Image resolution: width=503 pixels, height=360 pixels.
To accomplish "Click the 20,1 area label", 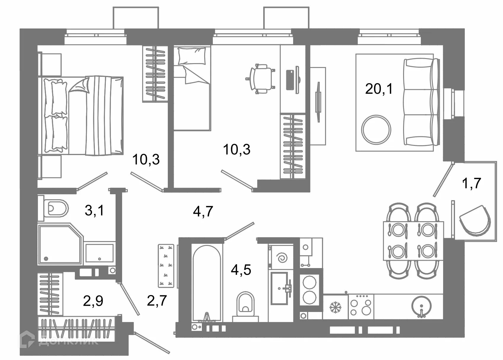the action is [x=379, y=89].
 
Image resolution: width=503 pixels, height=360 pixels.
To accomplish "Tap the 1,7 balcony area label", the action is [x=471, y=183].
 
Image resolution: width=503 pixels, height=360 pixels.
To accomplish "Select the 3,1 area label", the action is [x=94, y=211].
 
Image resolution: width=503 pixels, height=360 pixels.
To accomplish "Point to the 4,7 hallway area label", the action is [x=203, y=211].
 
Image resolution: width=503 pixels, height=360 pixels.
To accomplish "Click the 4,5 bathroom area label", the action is [x=241, y=270].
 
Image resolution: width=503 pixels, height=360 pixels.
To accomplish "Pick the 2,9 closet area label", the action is [x=93, y=301].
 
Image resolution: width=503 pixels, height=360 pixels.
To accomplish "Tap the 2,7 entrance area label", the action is [x=157, y=300].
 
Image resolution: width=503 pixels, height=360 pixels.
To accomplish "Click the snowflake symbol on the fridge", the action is [x=335, y=307].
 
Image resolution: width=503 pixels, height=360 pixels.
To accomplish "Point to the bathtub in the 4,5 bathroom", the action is [x=207, y=283].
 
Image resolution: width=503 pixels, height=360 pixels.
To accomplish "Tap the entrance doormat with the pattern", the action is [x=166, y=266].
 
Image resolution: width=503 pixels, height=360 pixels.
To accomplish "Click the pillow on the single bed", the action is [x=192, y=56].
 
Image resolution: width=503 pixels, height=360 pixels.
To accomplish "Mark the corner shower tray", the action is [x=60, y=243].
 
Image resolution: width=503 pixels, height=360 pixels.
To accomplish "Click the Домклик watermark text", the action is [x=68, y=341].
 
